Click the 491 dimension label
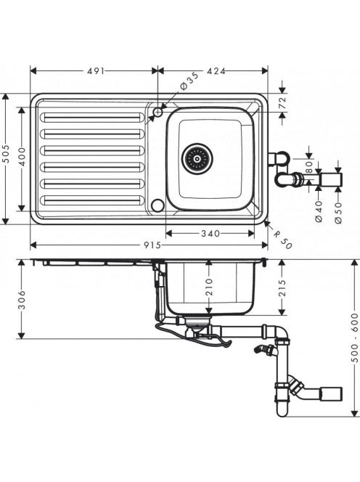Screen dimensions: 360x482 pyautogui.click(x=96, y=71)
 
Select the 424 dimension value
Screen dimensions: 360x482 pyautogui.click(x=216, y=71)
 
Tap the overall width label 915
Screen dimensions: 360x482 pyautogui.click(x=152, y=245)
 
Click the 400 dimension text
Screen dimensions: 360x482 pyautogui.click(x=22, y=157)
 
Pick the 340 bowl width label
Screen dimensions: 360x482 pyautogui.click(x=210, y=234)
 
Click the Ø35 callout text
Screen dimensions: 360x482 pyautogui.click(x=189, y=81)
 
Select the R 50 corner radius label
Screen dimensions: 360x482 pyautogui.click(x=282, y=240)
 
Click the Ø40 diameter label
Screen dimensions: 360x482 pyautogui.click(x=319, y=211)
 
